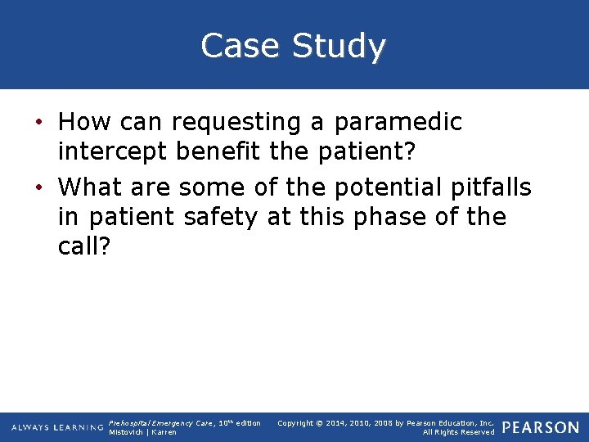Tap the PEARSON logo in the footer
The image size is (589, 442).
[x=541, y=427]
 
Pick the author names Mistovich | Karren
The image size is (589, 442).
[x=143, y=432]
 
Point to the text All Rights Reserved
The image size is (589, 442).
[x=458, y=432]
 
